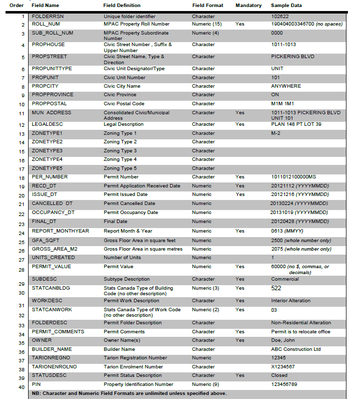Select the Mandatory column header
tap(248, 6)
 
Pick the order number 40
tap(21, 387)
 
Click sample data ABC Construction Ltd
tap(295, 349)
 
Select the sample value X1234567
tap(283, 367)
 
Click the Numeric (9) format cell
tap(205, 384)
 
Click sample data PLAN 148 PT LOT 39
tap(296, 124)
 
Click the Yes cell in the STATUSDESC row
tap(240, 375)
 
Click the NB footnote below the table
tap(129, 393)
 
